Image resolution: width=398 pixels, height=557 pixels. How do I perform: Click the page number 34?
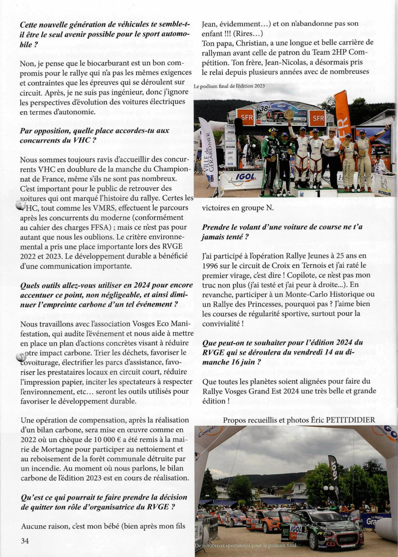(x=25, y=541)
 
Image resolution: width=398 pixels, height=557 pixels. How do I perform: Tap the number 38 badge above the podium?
(x=264, y=108)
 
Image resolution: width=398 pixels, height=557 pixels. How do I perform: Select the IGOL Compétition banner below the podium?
(x=241, y=181)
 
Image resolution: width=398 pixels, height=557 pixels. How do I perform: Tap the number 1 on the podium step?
(x=318, y=194)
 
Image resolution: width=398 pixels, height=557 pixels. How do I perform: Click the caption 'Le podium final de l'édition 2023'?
(x=230, y=86)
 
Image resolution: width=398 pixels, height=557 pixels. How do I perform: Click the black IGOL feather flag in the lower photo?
(x=333, y=470)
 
